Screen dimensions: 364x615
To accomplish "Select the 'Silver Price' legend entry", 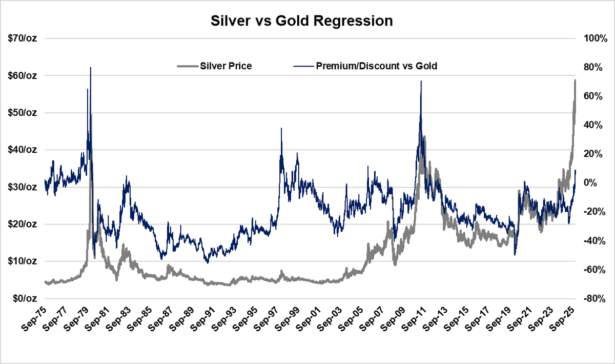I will [x=225, y=66].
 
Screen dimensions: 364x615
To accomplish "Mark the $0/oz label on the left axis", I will [x=25, y=298].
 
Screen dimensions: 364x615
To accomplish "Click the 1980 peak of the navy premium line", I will [x=91, y=68].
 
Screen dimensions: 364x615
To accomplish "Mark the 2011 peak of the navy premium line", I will [x=421, y=82].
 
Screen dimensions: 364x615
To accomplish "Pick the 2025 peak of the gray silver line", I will [x=575, y=80].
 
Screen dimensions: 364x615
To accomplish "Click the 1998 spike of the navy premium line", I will [x=281, y=129].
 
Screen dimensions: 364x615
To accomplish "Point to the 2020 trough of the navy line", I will [x=515, y=255].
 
